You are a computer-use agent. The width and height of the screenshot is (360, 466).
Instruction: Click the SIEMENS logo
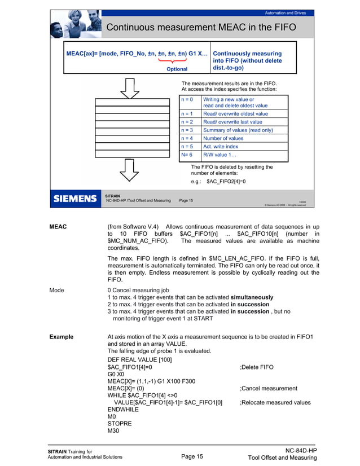(75, 199)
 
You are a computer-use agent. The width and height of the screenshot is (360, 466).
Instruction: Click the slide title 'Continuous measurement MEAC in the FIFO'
(201, 27)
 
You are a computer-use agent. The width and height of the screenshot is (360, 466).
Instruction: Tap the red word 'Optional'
(177, 69)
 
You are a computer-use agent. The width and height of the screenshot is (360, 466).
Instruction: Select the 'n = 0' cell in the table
(187, 99)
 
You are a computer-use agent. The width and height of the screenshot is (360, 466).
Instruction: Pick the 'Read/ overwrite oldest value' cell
(235, 113)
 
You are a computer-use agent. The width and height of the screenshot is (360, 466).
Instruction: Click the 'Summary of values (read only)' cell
(238, 130)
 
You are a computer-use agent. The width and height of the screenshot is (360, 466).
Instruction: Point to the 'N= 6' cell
(187, 155)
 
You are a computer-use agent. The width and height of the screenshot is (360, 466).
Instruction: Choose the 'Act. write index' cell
(221, 146)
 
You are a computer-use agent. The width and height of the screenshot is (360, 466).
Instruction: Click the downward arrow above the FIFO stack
(130, 87)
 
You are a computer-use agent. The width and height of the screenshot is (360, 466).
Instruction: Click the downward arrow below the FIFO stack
(130, 170)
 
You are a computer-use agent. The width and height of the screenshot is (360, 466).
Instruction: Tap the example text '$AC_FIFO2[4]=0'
(226, 182)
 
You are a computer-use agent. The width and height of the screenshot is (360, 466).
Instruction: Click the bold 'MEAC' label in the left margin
(59, 227)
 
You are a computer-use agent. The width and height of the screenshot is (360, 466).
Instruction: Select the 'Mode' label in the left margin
(56, 290)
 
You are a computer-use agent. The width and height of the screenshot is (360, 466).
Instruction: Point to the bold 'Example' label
(61, 337)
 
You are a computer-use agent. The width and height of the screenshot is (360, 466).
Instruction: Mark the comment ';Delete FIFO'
(257, 367)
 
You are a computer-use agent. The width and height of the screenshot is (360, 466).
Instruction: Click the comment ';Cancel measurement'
(268, 388)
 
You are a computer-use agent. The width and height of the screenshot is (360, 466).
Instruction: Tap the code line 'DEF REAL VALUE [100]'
(139, 360)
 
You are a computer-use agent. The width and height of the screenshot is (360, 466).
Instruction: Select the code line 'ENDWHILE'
(124, 410)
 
